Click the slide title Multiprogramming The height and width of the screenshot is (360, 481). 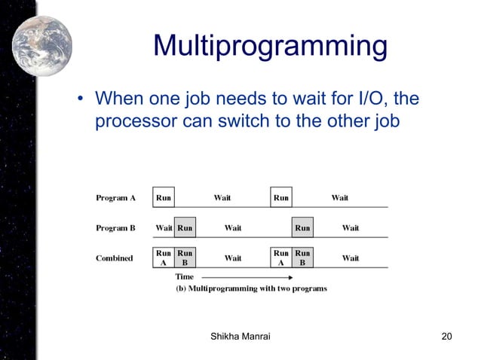270,47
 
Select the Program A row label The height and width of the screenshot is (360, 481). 115,199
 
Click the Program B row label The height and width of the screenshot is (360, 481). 115,227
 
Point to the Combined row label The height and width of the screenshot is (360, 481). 114,258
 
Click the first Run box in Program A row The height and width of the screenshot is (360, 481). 164,198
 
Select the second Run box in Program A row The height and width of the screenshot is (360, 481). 281,198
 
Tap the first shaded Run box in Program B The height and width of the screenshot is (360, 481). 185,227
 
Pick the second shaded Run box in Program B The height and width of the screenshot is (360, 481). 302,227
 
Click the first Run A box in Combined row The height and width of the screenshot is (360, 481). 164,258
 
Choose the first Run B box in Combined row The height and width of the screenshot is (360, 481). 185,258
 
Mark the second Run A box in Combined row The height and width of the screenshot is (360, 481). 281,258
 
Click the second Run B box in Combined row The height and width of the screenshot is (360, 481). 302,258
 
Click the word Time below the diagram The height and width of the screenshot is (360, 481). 185,277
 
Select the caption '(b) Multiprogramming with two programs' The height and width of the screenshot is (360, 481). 251,289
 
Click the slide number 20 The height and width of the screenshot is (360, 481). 446,337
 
